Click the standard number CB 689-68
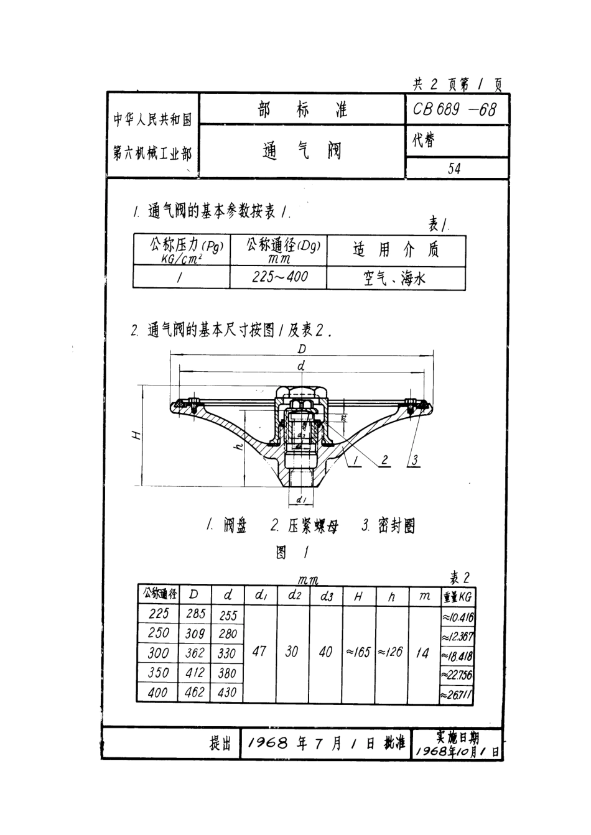(x=455, y=110)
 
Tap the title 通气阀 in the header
(x=302, y=150)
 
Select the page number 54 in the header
(x=455, y=168)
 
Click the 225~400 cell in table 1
(x=279, y=277)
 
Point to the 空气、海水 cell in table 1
(x=395, y=278)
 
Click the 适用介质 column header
(x=396, y=250)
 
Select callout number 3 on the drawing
(x=415, y=460)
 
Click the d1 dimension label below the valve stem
(x=300, y=499)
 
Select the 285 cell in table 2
(x=195, y=614)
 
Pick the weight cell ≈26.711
(x=457, y=694)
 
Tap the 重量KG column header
(x=457, y=597)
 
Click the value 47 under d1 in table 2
(x=259, y=652)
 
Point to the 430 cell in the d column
(x=228, y=692)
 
